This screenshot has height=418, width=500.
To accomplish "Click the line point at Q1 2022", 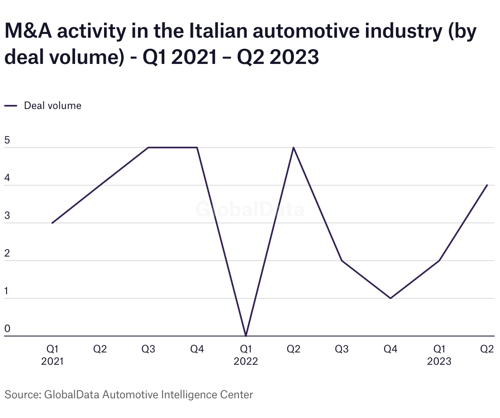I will point(245,336).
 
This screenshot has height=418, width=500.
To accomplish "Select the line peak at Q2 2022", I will point(293,148).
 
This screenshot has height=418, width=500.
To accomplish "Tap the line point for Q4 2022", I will point(390,298).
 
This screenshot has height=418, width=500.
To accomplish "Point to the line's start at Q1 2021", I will point(52,223).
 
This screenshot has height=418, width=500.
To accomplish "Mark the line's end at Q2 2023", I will point(487,185).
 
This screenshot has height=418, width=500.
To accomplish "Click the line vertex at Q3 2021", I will point(148,148).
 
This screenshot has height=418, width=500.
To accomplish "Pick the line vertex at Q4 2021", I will point(197,148).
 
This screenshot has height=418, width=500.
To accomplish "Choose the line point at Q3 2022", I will point(342,261).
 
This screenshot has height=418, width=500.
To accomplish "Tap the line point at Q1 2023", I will point(439,261).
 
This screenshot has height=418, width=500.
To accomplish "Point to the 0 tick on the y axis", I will point(7,329).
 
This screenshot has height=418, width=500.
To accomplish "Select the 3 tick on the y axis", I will point(7,216).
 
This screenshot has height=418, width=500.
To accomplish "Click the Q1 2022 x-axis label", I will point(245,355).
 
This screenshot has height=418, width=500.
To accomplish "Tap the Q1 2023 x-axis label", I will point(439,355).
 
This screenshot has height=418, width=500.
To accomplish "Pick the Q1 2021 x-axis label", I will point(52,355).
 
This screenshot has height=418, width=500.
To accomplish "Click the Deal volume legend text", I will point(52,106).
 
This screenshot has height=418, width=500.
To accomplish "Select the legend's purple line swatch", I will point(11,106).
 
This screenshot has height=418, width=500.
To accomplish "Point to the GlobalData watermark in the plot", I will point(250,209).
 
